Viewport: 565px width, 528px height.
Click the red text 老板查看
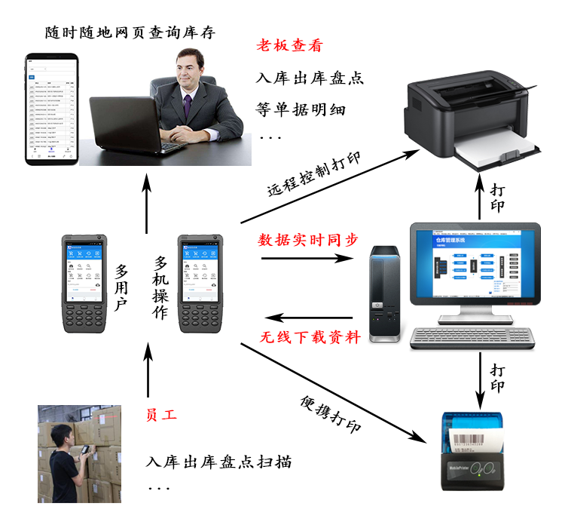click(x=290, y=45)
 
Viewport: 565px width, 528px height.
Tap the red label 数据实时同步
click(x=308, y=240)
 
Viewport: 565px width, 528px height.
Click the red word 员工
click(x=161, y=415)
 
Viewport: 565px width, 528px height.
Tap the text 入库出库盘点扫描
click(x=219, y=462)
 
